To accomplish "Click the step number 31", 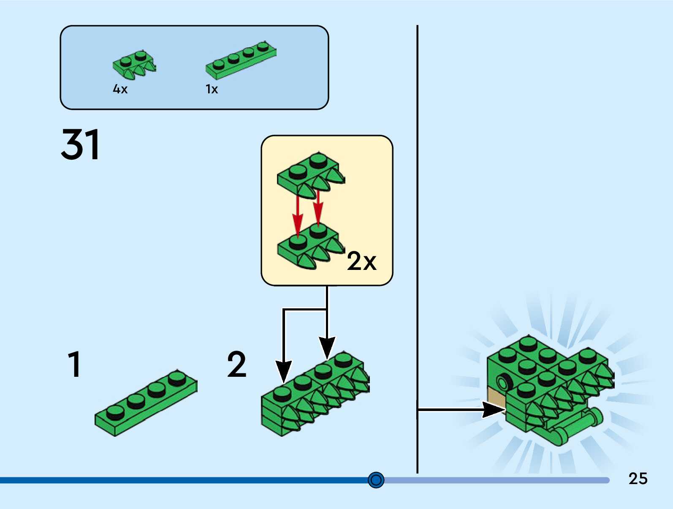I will point(80,144).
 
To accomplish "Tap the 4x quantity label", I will point(120,89).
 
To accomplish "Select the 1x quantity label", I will point(212,89).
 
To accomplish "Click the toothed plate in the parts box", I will point(134,65).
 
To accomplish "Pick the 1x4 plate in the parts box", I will point(241,61).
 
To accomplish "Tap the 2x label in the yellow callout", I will point(361,261).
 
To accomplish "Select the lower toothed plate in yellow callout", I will point(310,248).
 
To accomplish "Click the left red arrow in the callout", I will point(298,215).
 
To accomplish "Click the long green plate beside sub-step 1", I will point(146,403).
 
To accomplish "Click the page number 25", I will point(638,479).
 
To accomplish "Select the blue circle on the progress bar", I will point(376,480).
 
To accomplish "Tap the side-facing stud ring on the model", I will point(503,382).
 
